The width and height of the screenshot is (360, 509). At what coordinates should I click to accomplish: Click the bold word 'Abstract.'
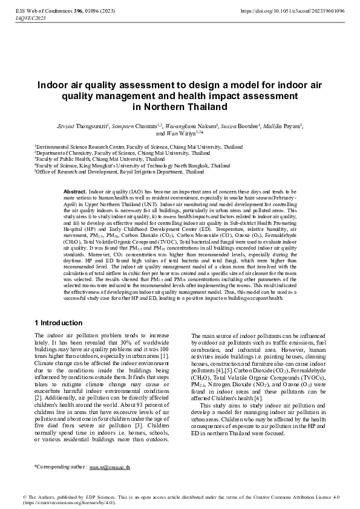[x=75, y=191]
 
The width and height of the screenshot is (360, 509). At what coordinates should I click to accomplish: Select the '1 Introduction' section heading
[x=59, y=323]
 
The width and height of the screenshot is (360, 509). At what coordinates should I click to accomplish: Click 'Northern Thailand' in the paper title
[x=180, y=107]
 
